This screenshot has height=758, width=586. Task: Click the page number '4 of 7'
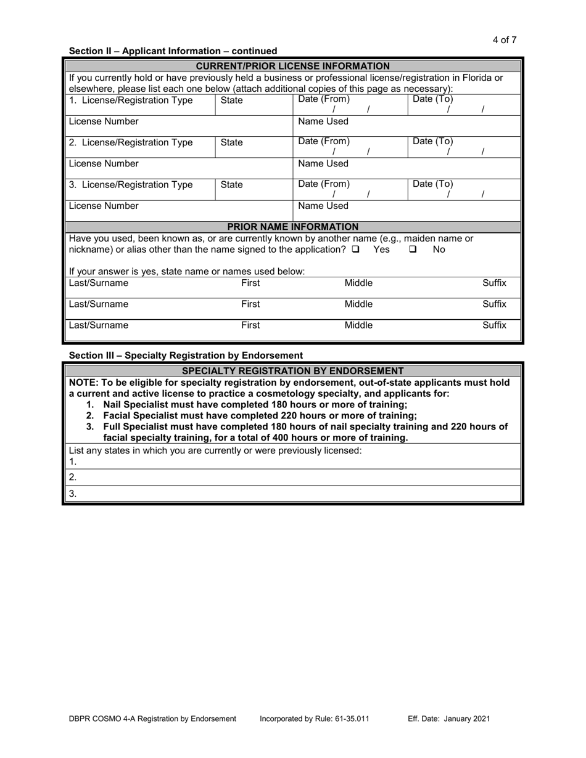pos(504,40)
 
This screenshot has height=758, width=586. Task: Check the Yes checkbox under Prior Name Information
pos(356,250)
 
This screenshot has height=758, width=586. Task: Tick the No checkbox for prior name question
pos(413,250)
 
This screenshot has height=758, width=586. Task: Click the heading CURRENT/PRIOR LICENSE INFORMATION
pos(292,66)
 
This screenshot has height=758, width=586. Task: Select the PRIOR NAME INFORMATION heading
pos(292,227)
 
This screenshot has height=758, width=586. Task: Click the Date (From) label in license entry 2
pos(324,141)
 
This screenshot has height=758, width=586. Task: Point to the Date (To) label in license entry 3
pos(432,184)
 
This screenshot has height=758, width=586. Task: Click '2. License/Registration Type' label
pos(131,142)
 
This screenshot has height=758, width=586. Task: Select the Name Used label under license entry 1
pos(323,121)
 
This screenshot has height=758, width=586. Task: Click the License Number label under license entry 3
pos(104,206)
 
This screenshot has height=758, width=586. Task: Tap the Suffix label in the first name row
pos(494,283)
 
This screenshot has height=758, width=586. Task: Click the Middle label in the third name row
pos(358,325)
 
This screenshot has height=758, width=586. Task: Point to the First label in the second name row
pos(250,304)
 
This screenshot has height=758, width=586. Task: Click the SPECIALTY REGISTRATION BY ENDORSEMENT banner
pos(292,370)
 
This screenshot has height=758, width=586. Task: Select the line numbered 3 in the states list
pos(293,493)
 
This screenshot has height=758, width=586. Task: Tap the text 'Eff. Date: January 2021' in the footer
pos(449,719)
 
